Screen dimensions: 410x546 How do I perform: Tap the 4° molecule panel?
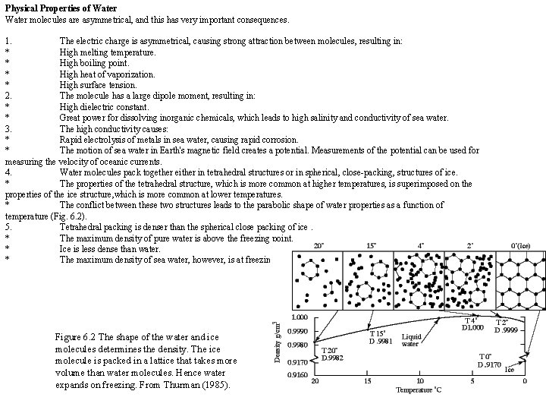tap(419, 278)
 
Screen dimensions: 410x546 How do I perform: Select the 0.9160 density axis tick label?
tap(297, 374)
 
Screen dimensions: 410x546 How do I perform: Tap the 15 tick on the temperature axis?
tap(367, 380)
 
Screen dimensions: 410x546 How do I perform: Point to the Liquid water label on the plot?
tap(410, 339)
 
